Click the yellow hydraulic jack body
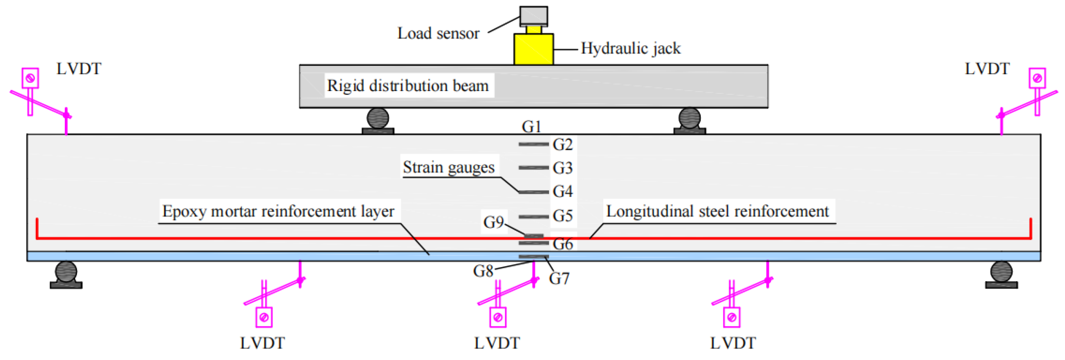click(x=533, y=49)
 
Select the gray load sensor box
click(x=533, y=16)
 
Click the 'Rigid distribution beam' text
click(x=408, y=86)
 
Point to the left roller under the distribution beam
click(x=377, y=118)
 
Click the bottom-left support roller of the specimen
click(x=66, y=271)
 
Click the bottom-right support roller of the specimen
click(x=1001, y=271)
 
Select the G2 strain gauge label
click(x=563, y=145)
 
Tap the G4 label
click(x=563, y=191)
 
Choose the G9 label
click(x=493, y=222)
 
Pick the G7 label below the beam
click(x=559, y=279)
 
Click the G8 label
click(x=483, y=271)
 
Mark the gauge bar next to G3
click(x=533, y=167)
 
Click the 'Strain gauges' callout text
click(x=449, y=167)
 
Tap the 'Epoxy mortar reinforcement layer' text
click(x=278, y=211)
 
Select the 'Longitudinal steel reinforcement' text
click(x=717, y=211)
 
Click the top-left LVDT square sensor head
click(x=30, y=78)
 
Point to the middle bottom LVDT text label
click(x=497, y=343)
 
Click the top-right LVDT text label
click(x=987, y=69)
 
